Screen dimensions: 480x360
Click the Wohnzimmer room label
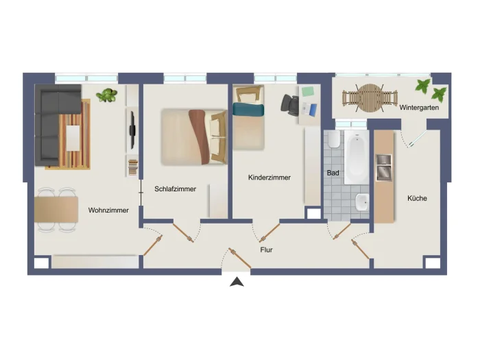click(x=108, y=211)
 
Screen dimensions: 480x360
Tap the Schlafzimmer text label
click(x=175, y=189)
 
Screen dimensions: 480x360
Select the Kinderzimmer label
click(x=269, y=178)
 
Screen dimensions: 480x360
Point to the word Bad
click(x=333, y=173)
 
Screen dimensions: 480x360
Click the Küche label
click(x=417, y=198)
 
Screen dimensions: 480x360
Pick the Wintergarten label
click(x=419, y=108)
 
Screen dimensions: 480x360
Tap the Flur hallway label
click(x=266, y=250)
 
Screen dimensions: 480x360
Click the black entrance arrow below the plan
click(x=237, y=282)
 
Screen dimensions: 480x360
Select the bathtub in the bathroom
click(x=357, y=157)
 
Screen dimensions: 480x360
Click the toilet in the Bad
click(x=333, y=140)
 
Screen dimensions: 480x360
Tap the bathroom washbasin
click(x=362, y=202)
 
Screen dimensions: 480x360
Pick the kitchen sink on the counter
click(x=384, y=167)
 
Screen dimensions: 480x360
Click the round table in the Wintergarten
click(x=370, y=98)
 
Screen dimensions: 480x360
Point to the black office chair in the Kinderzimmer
click(x=290, y=105)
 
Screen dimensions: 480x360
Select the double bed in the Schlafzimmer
click(x=194, y=136)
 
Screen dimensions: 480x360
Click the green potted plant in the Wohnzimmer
click(x=106, y=95)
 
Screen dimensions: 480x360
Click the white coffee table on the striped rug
click(x=73, y=138)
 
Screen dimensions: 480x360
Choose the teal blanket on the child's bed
click(x=248, y=110)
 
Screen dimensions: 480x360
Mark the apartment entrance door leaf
click(x=240, y=259)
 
